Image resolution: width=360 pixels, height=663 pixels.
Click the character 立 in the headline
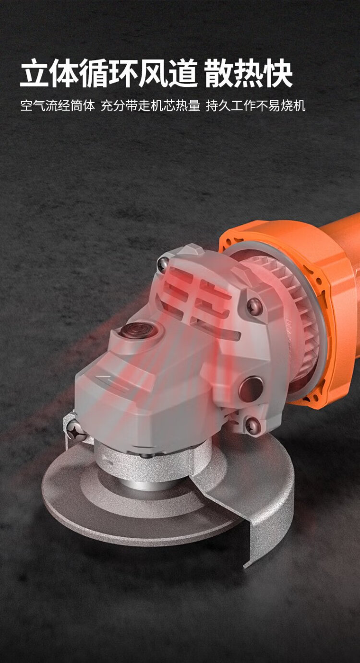pos(35,73)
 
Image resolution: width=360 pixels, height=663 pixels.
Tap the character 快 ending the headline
pos(278,73)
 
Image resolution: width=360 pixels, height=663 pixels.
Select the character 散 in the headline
pos(219,73)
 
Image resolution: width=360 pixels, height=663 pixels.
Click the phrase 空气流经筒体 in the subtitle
pos(58,106)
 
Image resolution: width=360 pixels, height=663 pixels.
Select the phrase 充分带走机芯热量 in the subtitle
pos(150,106)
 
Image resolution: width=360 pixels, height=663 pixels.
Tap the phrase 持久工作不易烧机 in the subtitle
pos(255,106)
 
